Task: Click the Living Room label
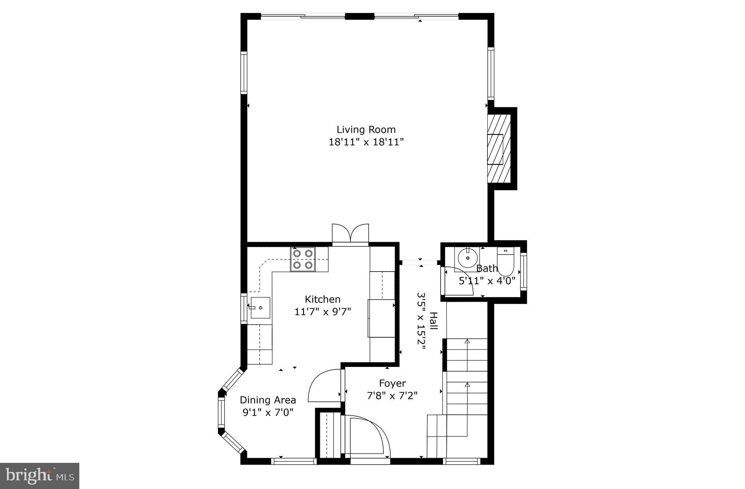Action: pyautogui.click(x=366, y=129)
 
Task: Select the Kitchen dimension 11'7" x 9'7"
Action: pyautogui.click(x=323, y=312)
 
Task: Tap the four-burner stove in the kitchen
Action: pyautogui.click(x=303, y=259)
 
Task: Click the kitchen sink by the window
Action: pyautogui.click(x=260, y=308)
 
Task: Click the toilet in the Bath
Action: pyautogui.click(x=505, y=262)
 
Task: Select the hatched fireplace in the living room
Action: pyautogui.click(x=499, y=149)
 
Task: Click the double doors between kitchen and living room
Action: pyautogui.click(x=350, y=233)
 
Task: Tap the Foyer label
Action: pyautogui.click(x=392, y=383)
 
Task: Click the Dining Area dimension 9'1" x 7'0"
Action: pyautogui.click(x=268, y=412)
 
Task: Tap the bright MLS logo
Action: pyautogui.click(x=40, y=476)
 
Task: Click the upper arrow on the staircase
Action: pyautogui.click(x=467, y=342)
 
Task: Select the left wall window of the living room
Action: pyautogui.click(x=244, y=73)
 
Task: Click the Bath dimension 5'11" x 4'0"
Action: pyautogui.click(x=487, y=281)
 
